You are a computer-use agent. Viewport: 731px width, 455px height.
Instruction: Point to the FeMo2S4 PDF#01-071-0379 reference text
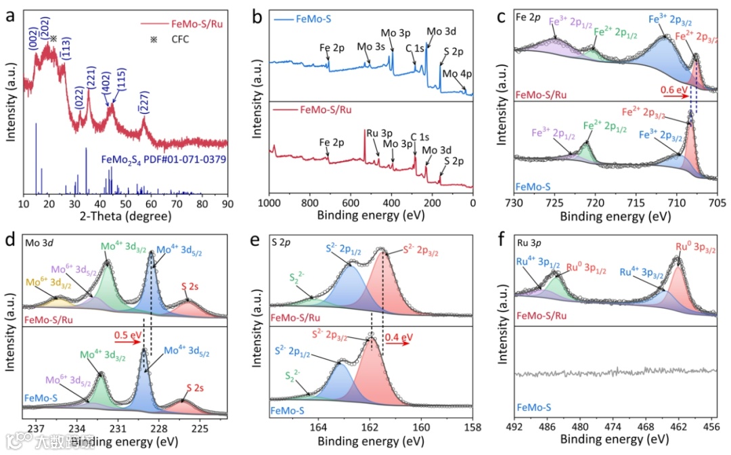click(x=163, y=160)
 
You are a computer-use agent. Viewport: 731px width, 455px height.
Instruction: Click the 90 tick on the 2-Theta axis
click(x=228, y=204)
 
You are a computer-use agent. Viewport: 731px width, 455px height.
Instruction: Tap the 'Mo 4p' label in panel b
click(x=455, y=74)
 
